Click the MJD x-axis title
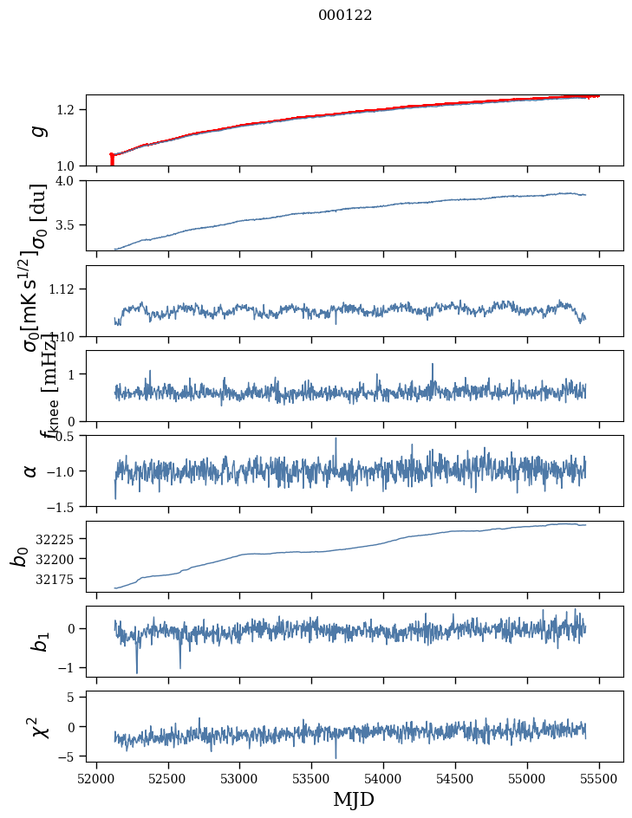click(x=354, y=799)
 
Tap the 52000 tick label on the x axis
click(x=96, y=777)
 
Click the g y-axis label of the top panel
click(x=36, y=131)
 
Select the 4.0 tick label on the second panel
click(x=70, y=181)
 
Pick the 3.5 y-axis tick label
click(x=70, y=225)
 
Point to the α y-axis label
click(x=31, y=471)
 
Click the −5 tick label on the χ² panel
click(x=71, y=756)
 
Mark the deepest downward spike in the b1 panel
click(x=136, y=672)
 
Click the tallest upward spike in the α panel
click(x=336, y=438)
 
